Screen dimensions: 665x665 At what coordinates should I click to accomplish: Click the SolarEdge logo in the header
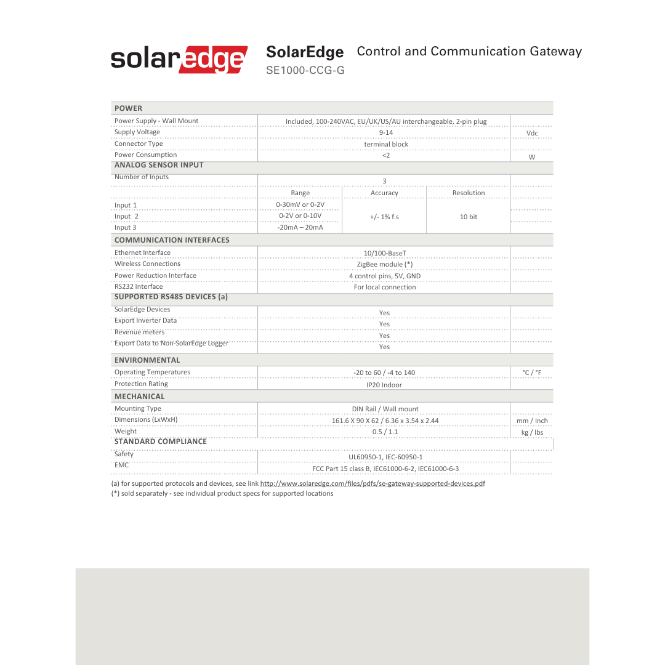click(x=179, y=60)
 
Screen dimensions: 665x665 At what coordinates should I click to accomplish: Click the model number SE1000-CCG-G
click(x=305, y=71)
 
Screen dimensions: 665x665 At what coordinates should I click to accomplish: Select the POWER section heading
click(x=128, y=108)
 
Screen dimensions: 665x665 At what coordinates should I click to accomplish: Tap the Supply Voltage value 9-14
click(x=385, y=132)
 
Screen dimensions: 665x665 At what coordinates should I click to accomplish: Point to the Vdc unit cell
click(x=532, y=133)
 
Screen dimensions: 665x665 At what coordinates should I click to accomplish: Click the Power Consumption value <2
click(x=385, y=155)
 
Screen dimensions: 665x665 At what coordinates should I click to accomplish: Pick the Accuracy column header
click(x=384, y=193)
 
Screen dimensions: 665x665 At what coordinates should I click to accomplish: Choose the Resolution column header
click(x=469, y=193)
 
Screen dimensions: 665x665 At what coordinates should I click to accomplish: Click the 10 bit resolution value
click(x=469, y=217)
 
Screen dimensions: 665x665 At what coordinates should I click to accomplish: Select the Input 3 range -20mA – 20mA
click(x=300, y=228)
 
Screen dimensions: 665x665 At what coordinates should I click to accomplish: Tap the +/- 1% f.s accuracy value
click(x=384, y=217)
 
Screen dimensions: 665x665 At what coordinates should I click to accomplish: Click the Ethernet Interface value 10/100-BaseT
click(x=385, y=253)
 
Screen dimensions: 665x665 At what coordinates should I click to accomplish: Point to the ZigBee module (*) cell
click(x=385, y=264)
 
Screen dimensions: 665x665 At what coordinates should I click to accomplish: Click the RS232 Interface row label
click(x=139, y=286)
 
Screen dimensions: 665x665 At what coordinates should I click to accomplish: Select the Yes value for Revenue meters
click(x=384, y=336)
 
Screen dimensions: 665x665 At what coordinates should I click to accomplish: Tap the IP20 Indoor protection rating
click(x=384, y=385)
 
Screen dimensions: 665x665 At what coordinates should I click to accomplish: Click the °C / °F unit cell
click(x=531, y=373)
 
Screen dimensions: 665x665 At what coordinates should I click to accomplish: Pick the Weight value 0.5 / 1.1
click(x=385, y=432)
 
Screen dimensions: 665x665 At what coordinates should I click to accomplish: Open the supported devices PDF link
click(x=372, y=483)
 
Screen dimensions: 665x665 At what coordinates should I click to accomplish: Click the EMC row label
click(x=121, y=465)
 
